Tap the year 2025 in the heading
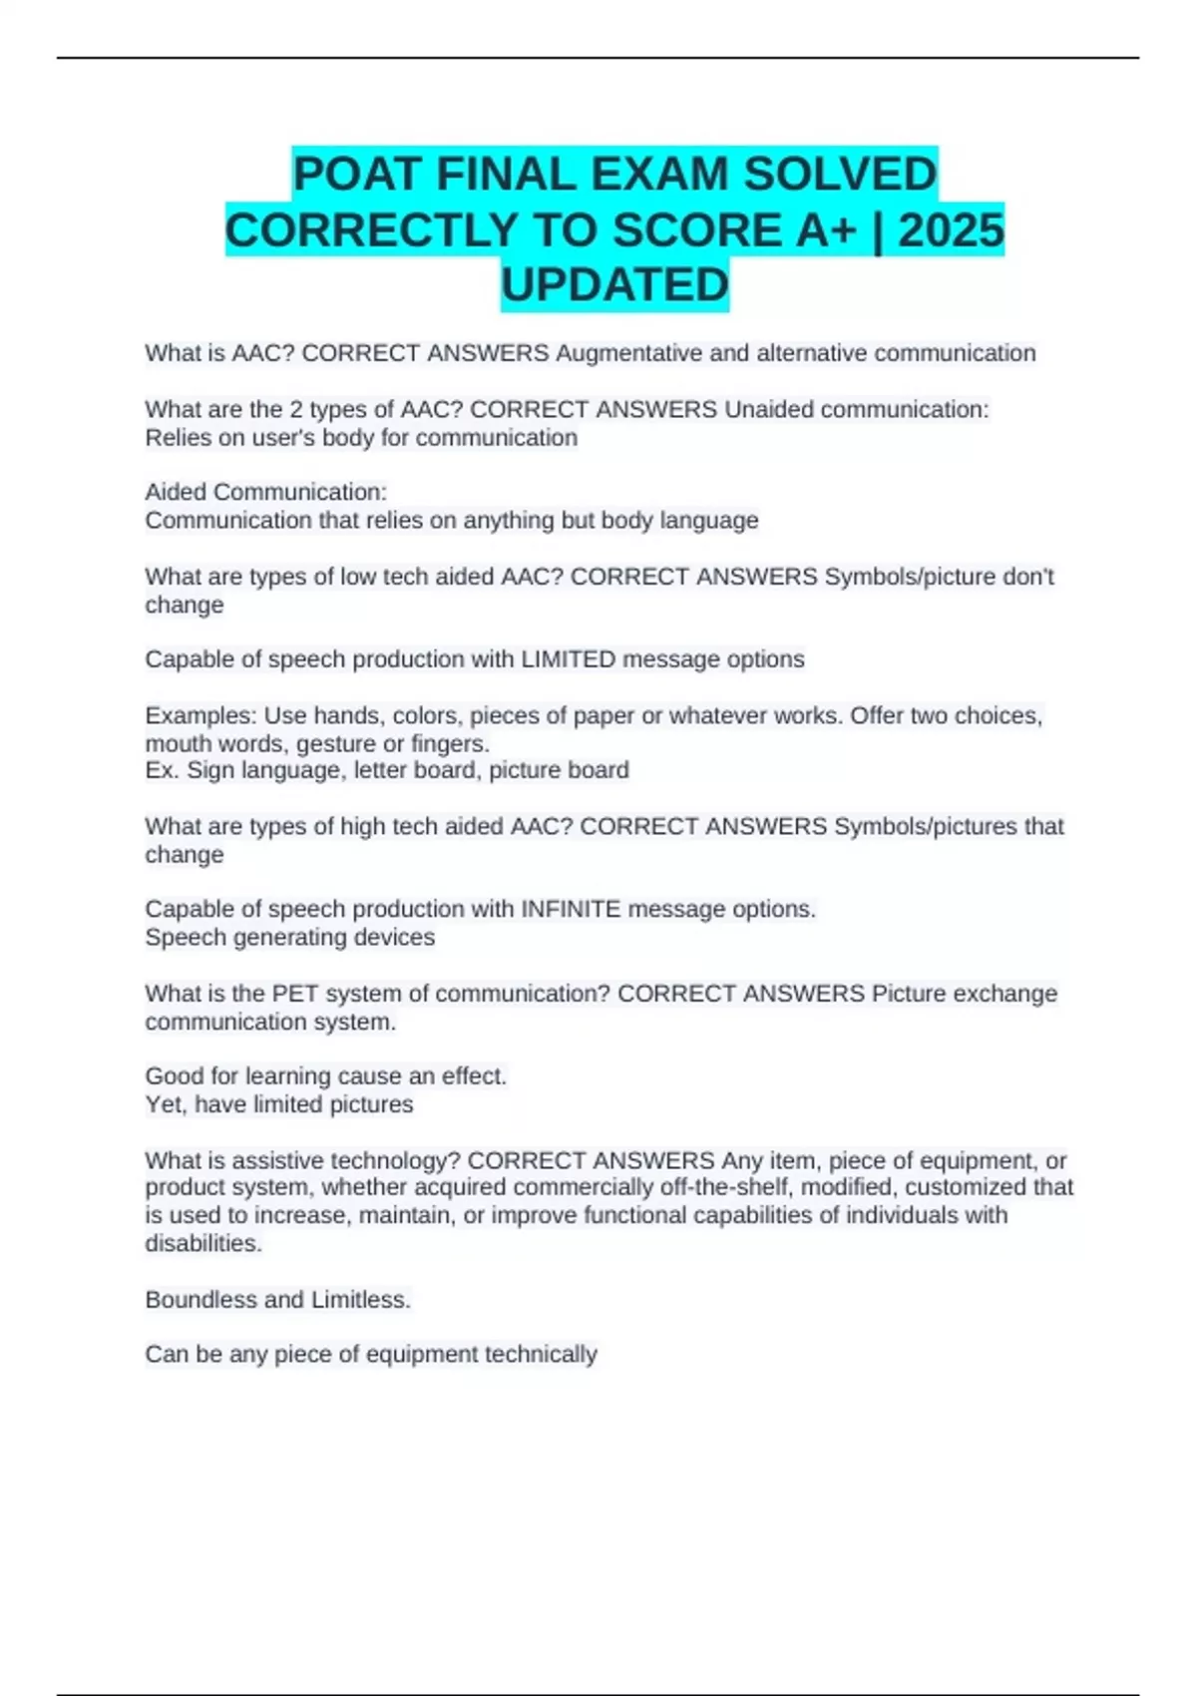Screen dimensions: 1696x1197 coord(951,230)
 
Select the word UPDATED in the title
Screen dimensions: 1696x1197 coord(614,285)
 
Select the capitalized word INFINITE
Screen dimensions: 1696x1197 coord(571,909)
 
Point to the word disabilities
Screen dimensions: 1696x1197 coord(203,1244)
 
